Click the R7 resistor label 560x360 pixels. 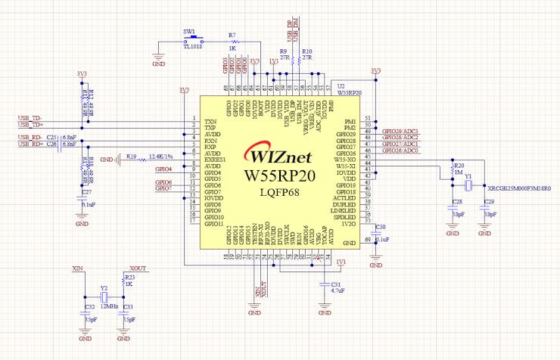232,36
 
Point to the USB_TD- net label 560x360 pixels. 30,118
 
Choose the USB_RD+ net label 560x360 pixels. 30,137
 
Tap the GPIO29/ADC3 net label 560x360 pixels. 400,131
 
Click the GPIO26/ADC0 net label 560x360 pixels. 400,151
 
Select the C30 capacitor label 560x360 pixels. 380,227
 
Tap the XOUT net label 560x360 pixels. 138,268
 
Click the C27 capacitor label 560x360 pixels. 86,193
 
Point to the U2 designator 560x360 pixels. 341,86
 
